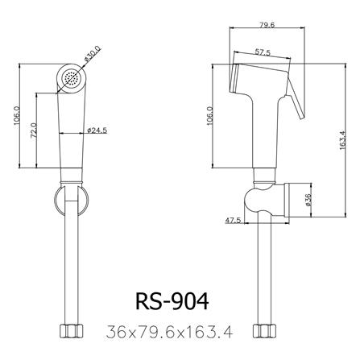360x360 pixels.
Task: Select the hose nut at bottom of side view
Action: (264, 330)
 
